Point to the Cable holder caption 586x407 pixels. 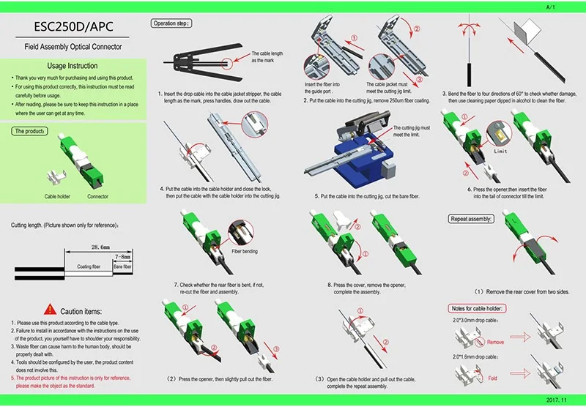[56, 197]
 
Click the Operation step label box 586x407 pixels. [171, 23]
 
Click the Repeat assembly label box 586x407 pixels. [472, 219]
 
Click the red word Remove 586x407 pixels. [496, 342]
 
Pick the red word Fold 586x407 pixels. [494, 378]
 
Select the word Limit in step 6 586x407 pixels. [501, 151]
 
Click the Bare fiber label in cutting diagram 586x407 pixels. [122, 267]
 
